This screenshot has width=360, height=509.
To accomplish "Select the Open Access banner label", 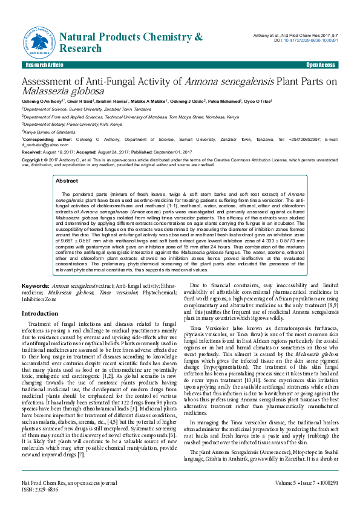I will [x=320, y=65].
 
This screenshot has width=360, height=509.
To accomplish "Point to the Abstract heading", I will [x=67, y=181].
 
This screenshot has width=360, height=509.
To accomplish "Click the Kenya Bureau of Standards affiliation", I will [x=49, y=131].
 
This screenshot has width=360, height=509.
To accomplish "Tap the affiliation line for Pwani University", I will [x=72, y=123].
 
